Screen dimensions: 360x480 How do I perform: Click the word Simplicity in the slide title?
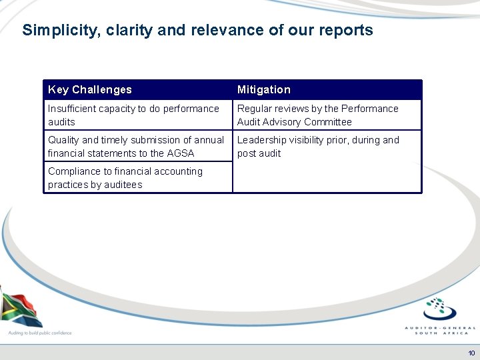(53, 31)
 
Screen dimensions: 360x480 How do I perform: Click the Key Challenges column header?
(90, 89)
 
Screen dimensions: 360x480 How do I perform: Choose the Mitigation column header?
(264, 89)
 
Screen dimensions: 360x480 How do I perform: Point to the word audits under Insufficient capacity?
(61, 122)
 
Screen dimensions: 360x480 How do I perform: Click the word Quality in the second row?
(63, 140)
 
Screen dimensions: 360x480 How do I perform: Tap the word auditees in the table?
(121, 185)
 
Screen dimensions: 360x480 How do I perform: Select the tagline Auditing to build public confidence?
(39, 332)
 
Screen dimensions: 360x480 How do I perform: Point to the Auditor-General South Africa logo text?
(440, 330)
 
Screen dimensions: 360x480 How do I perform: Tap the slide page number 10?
(471, 353)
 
